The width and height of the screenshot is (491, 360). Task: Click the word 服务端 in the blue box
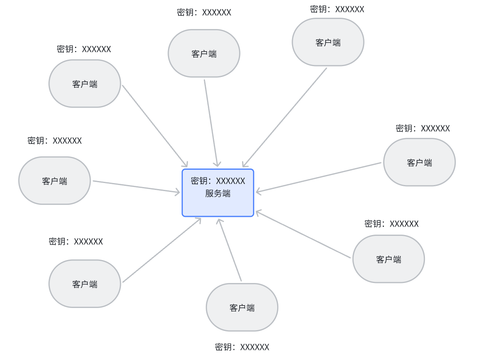click(218, 194)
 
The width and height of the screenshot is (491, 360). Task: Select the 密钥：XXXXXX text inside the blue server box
click(218, 181)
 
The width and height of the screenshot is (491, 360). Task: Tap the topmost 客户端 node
click(328, 42)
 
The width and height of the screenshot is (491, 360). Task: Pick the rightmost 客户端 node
click(419, 162)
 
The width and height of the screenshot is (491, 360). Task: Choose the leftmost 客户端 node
click(54, 181)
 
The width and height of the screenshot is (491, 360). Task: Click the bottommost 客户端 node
click(242, 308)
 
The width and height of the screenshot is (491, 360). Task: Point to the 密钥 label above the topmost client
click(337, 9)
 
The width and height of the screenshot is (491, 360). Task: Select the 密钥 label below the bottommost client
click(242, 347)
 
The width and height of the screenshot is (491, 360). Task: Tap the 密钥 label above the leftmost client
click(55, 141)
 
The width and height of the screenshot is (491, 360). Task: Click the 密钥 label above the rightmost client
click(423, 129)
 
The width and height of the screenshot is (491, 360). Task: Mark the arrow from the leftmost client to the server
click(136, 187)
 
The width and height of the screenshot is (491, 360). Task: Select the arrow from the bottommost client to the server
click(230, 250)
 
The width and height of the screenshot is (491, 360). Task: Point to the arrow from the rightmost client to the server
click(318, 177)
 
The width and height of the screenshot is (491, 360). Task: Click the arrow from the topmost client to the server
click(284, 117)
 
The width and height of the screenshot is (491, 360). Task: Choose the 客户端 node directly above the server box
click(204, 54)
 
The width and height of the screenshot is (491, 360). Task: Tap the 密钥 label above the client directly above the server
click(204, 12)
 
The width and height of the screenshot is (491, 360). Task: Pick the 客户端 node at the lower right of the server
click(389, 259)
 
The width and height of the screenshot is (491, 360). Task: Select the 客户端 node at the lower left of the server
click(85, 284)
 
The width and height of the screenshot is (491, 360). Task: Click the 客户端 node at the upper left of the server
click(85, 84)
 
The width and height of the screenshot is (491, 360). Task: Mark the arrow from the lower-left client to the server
click(162, 250)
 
